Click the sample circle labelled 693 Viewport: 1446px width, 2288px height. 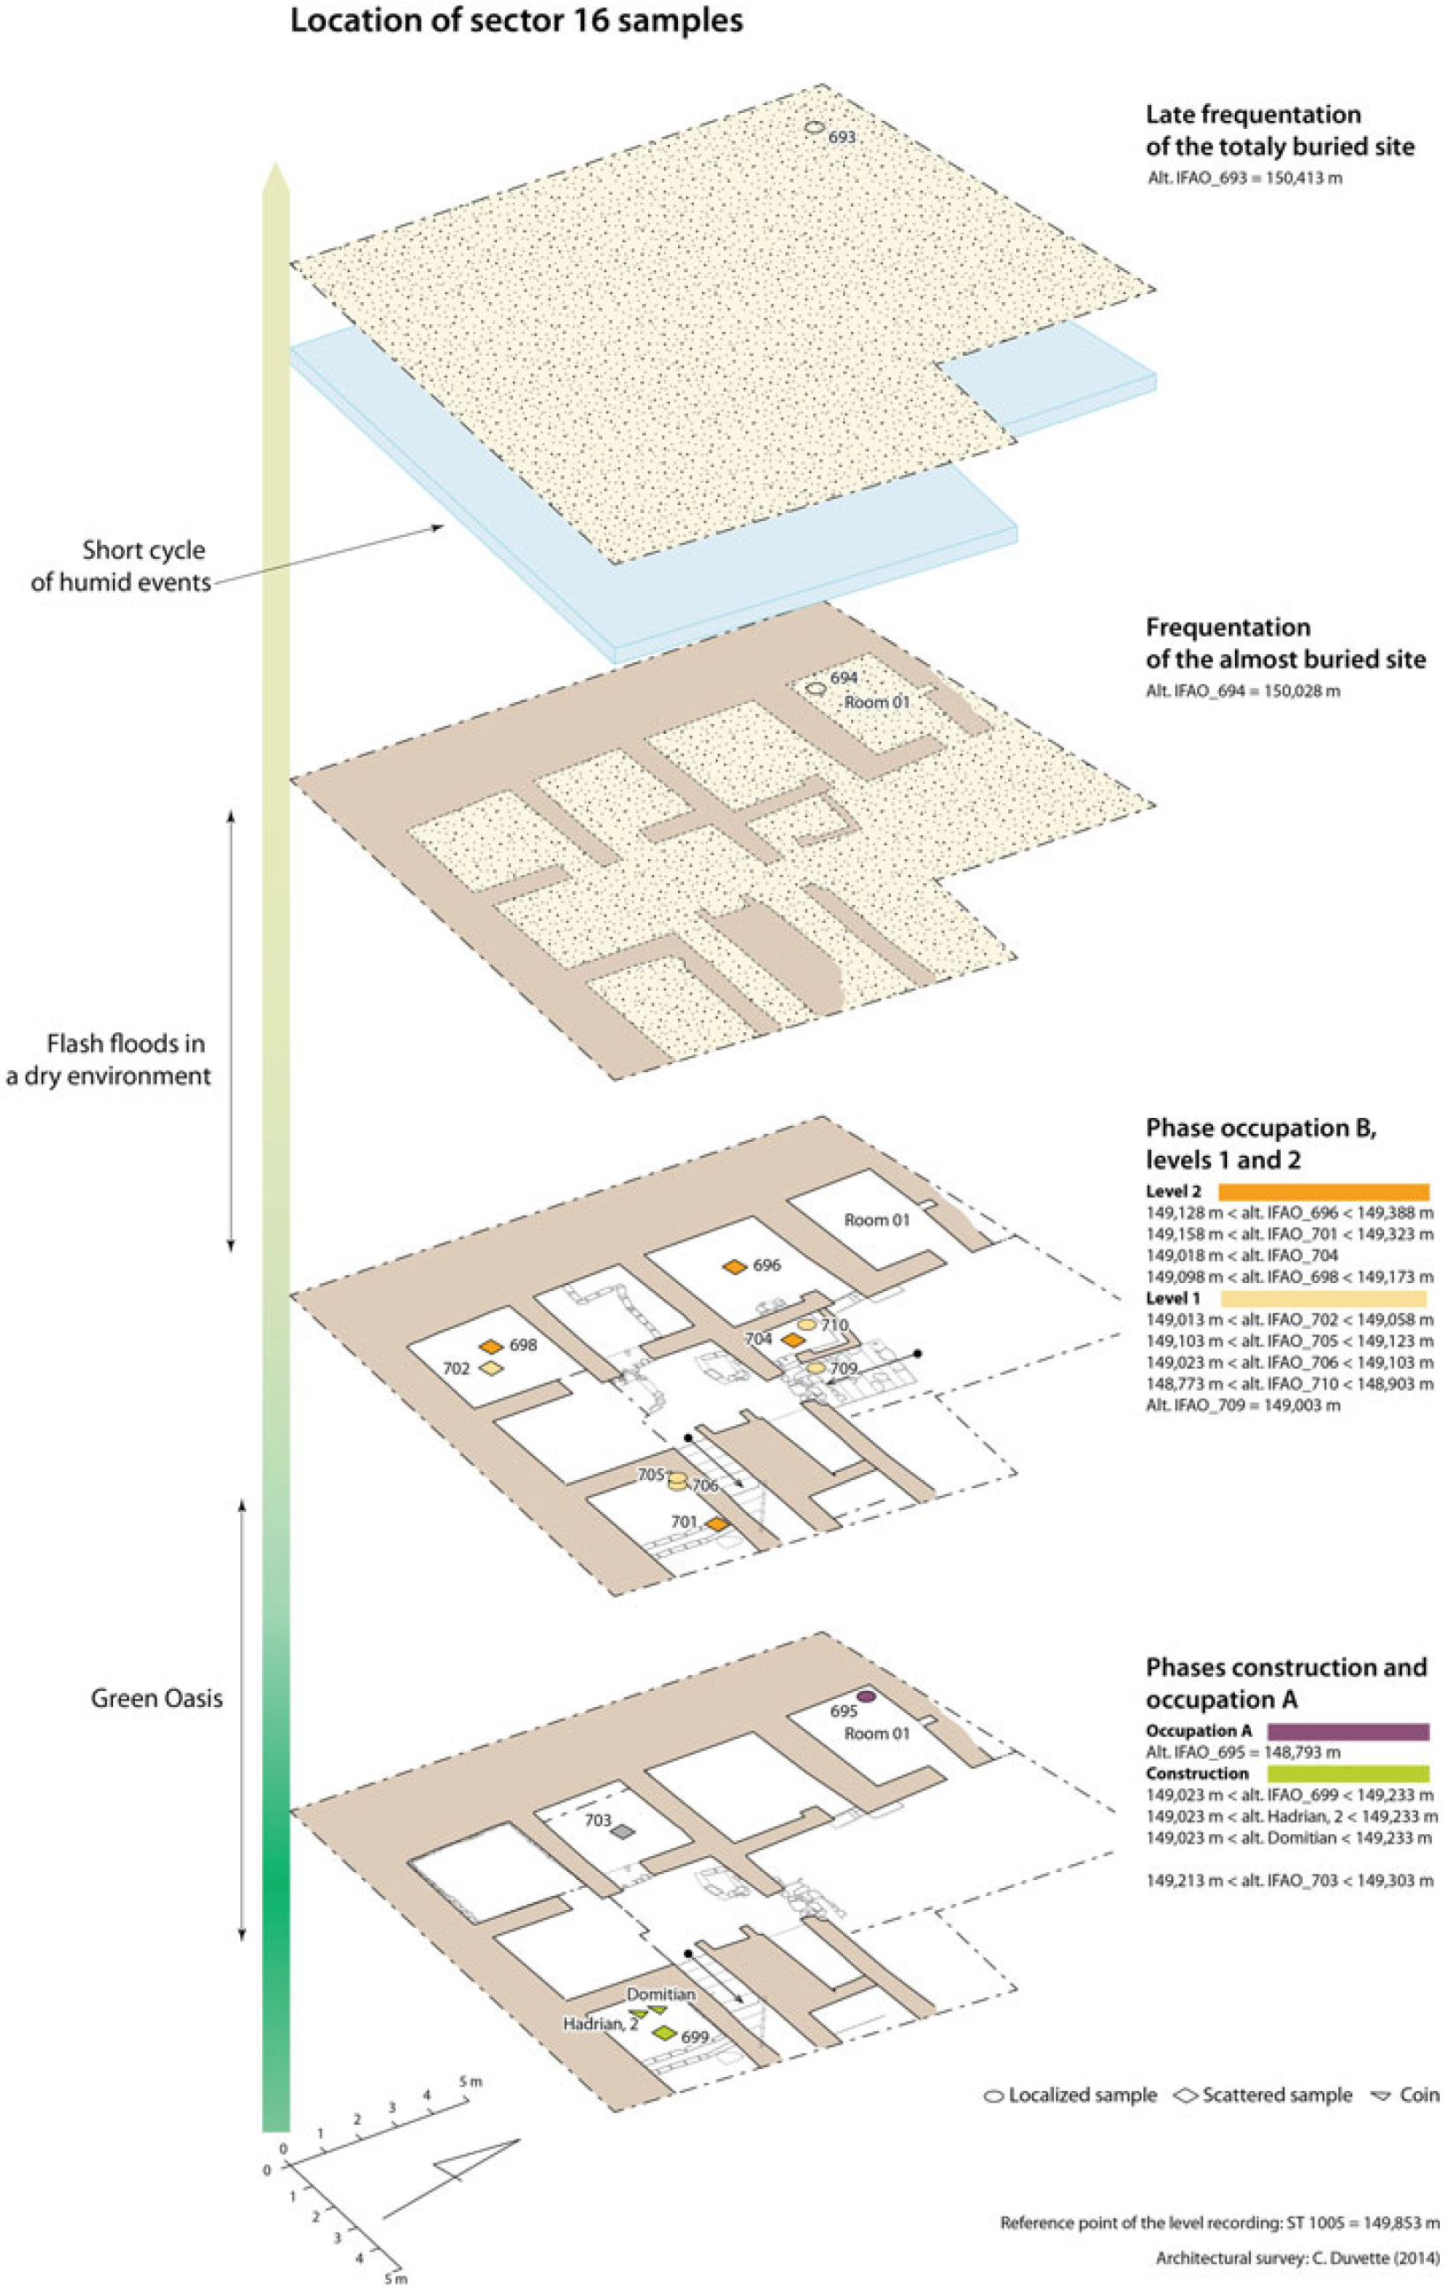tap(813, 127)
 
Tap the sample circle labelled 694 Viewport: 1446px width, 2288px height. tap(815, 689)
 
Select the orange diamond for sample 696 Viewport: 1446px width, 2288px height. tap(734, 1266)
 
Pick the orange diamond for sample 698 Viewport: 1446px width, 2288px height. tap(490, 1347)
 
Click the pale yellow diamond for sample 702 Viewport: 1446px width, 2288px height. tap(490, 1368)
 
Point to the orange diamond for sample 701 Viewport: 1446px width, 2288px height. tap(716, 1524)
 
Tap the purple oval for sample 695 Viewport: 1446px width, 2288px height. tap(865, 1696)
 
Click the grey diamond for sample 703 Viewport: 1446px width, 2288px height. tap(621, 1831)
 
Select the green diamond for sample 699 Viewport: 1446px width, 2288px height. tap(664, 2034)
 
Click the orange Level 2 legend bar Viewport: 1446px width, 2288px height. tap(1323, 1191)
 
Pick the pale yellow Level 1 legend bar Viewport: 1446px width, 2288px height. tap(1323, 1299)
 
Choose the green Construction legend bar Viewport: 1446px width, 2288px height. tap(1348, 1773)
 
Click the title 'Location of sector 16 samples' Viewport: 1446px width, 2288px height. tap(516, 21)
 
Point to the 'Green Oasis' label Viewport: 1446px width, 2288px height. tap(157, 1698)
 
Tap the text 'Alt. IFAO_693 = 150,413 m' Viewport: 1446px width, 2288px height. tap(1245, 177)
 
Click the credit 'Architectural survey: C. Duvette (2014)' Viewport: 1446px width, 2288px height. tap(1297, 2259)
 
